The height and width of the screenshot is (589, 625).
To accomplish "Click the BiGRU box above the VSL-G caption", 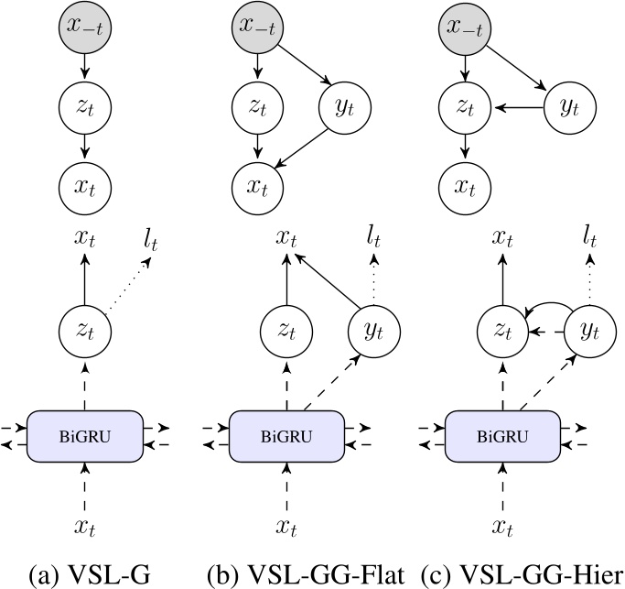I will coord(85,432).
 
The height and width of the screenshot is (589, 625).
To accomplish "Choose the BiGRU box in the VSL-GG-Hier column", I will coord(492,432).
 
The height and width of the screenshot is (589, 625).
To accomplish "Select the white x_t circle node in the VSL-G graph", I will coord(85,188).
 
